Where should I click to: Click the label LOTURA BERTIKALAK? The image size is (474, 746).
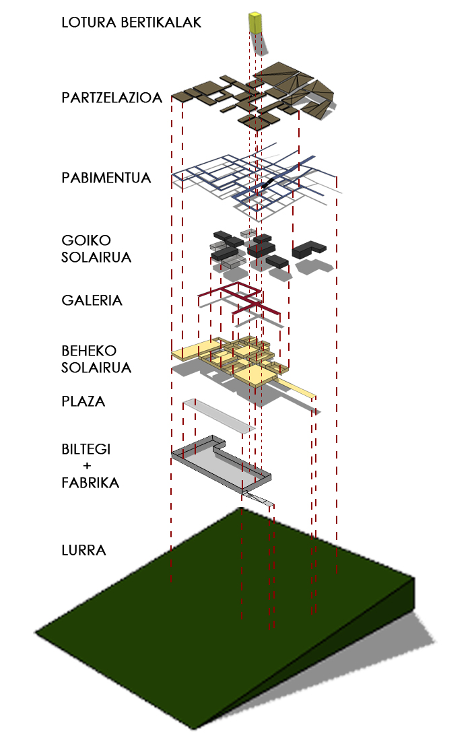(131, 22)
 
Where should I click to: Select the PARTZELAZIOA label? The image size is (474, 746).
(112, 98)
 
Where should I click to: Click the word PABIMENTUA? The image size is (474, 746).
(106, 178)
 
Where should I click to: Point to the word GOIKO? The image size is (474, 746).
(86, 240)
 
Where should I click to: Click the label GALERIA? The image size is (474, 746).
(92, 300)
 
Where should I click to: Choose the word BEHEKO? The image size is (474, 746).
(89, 351)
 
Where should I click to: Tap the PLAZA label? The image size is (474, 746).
(83, 401)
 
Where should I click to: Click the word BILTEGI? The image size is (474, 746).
(86, 449)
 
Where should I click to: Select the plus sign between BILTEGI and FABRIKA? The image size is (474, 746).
(86, 466)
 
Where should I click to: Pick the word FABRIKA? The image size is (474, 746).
(90, 483)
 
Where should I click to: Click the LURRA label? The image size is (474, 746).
(83, 550)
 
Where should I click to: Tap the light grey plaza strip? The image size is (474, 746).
(219, 415)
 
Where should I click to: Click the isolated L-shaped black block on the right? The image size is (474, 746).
(310, 249)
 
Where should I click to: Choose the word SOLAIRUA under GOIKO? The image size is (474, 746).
(96, 257)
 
